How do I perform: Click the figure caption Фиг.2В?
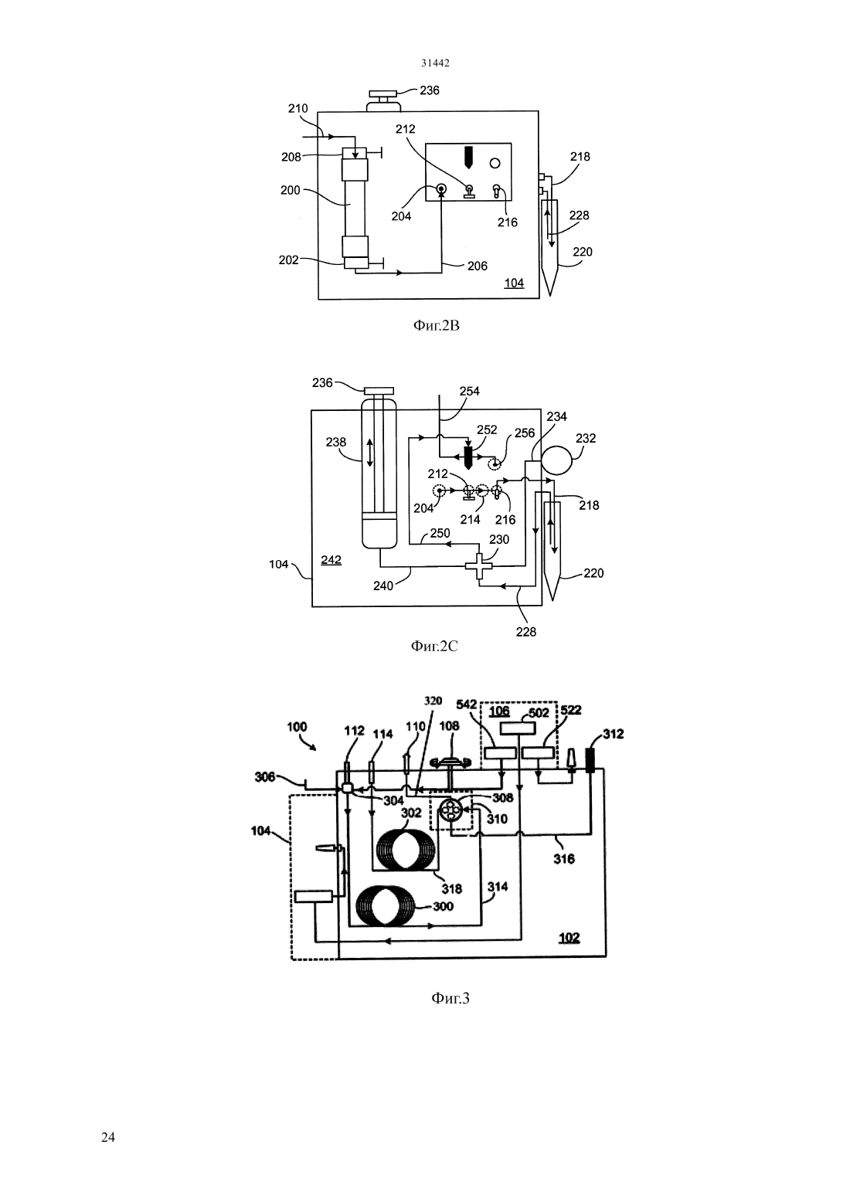pos(436,326)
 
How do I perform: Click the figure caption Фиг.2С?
pos(434,646)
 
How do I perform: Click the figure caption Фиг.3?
pos(450,998)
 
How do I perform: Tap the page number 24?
pos(108,1137)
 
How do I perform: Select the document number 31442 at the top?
pos(435,63)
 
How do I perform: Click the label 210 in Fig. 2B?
pos(297,108)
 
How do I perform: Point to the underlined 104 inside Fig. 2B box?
pos(514,283)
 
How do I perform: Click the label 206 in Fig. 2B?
pos(477,267)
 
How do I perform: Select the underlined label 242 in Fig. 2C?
pos(331,560)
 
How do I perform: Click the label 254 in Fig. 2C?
pos(469,391)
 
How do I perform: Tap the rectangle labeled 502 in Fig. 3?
pos(517,728)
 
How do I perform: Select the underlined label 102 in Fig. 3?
pos(569,938)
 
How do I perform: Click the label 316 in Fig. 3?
pos(564,859)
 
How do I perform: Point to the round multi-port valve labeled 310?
pos(450,810)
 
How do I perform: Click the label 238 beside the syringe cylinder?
pos(336,442)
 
